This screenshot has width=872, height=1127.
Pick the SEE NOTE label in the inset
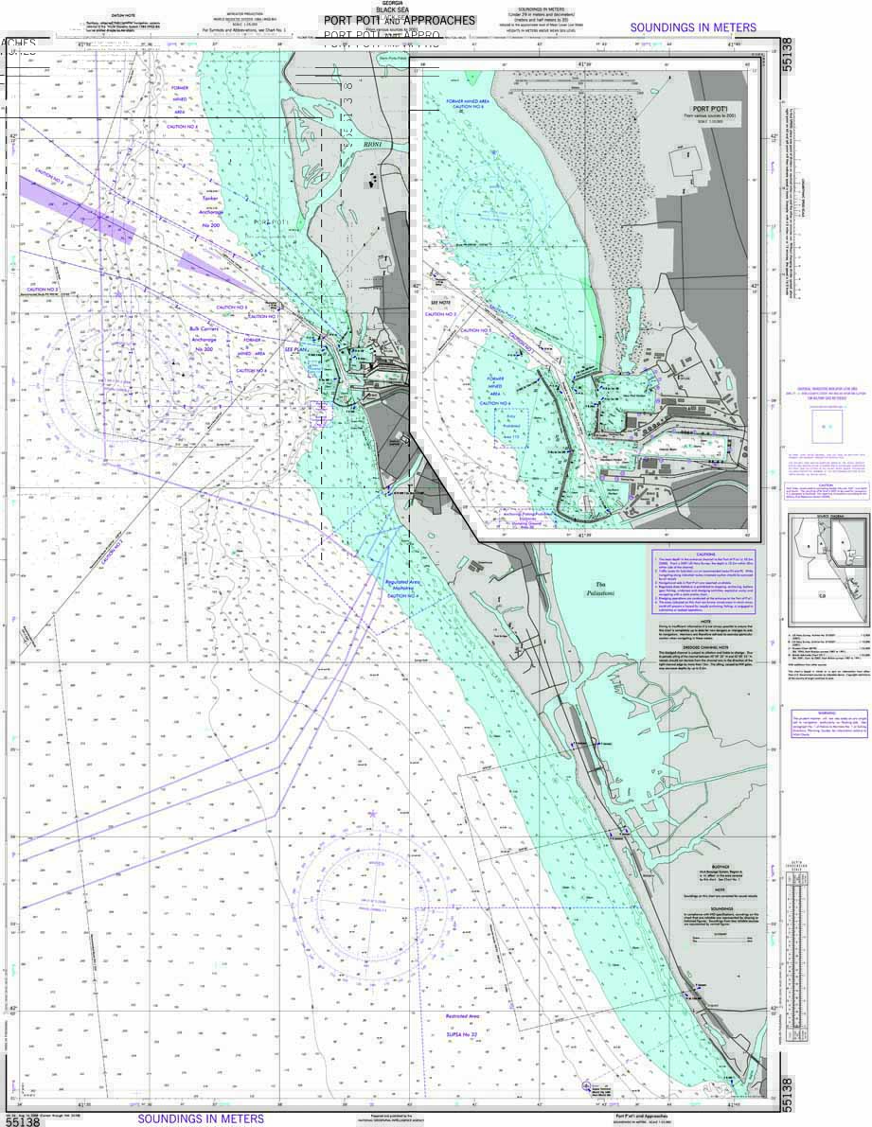point(442,305)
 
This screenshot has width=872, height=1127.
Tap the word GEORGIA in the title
point(391,4)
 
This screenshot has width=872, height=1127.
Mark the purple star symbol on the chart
point(373,814)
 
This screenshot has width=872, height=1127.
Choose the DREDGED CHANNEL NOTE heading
point(705,646)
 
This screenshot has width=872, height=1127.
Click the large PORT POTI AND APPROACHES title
point(399,20)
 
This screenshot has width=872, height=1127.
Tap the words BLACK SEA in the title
point(391,10)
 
